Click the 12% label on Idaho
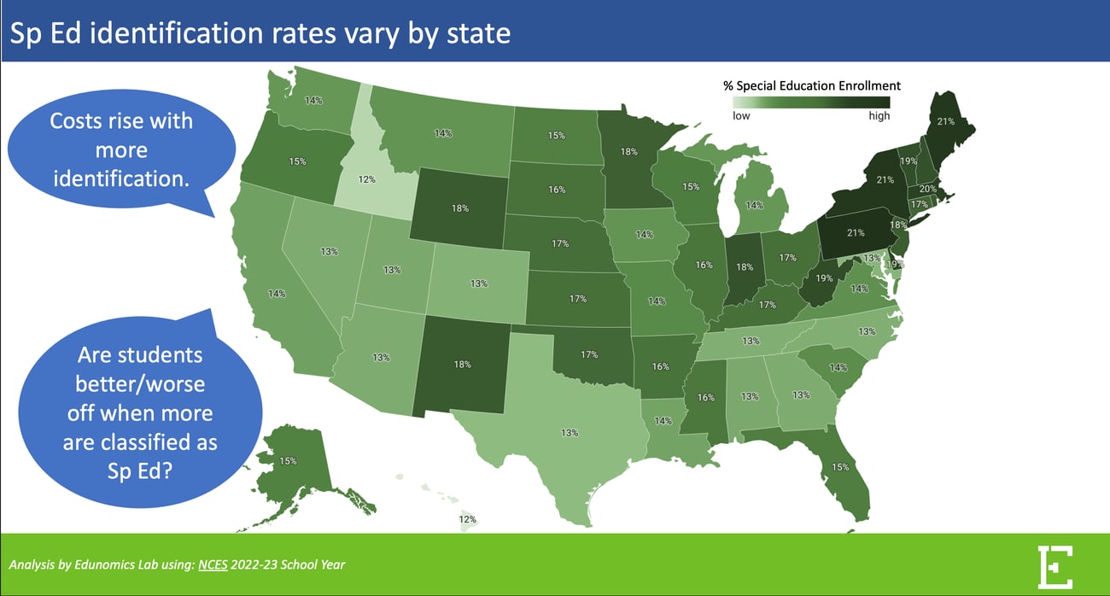(366, 180)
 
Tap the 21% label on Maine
(946, 121)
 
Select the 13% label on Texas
(570, 433)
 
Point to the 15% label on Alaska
(288, 461)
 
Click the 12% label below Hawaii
(468, 519)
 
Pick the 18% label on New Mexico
(462, 365)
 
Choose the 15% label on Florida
(840, 467)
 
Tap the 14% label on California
(277, 294)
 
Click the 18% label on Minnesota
(629, 152)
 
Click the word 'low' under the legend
(741, 116)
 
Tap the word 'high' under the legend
(879, 116)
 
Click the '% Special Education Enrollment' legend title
(811, 86)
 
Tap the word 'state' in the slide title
(476, 34)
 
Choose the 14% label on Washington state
(313, 101)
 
